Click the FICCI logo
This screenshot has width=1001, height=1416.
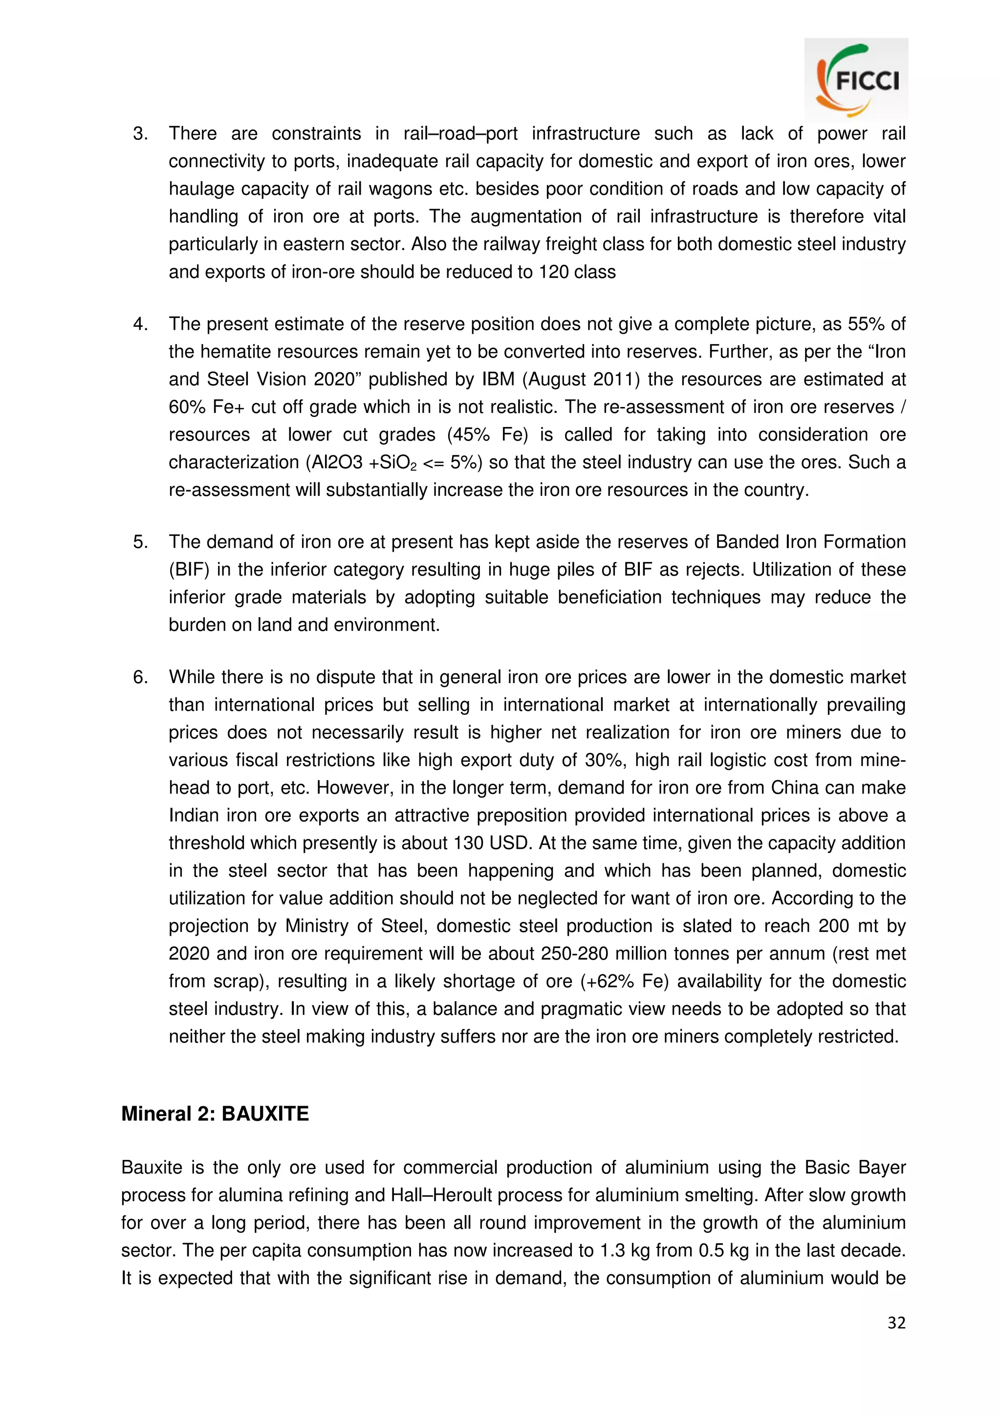coord(856,80)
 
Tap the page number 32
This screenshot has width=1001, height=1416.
coord(896,1322)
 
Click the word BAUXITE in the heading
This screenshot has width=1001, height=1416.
coord(265,1114)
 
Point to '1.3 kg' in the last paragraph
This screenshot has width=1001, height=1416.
coord(624,1250)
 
